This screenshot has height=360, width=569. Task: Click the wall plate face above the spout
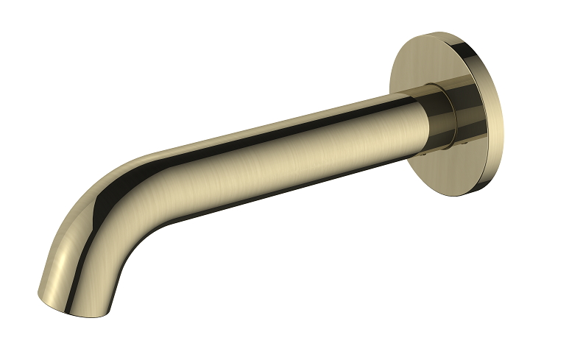pos(420,63)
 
